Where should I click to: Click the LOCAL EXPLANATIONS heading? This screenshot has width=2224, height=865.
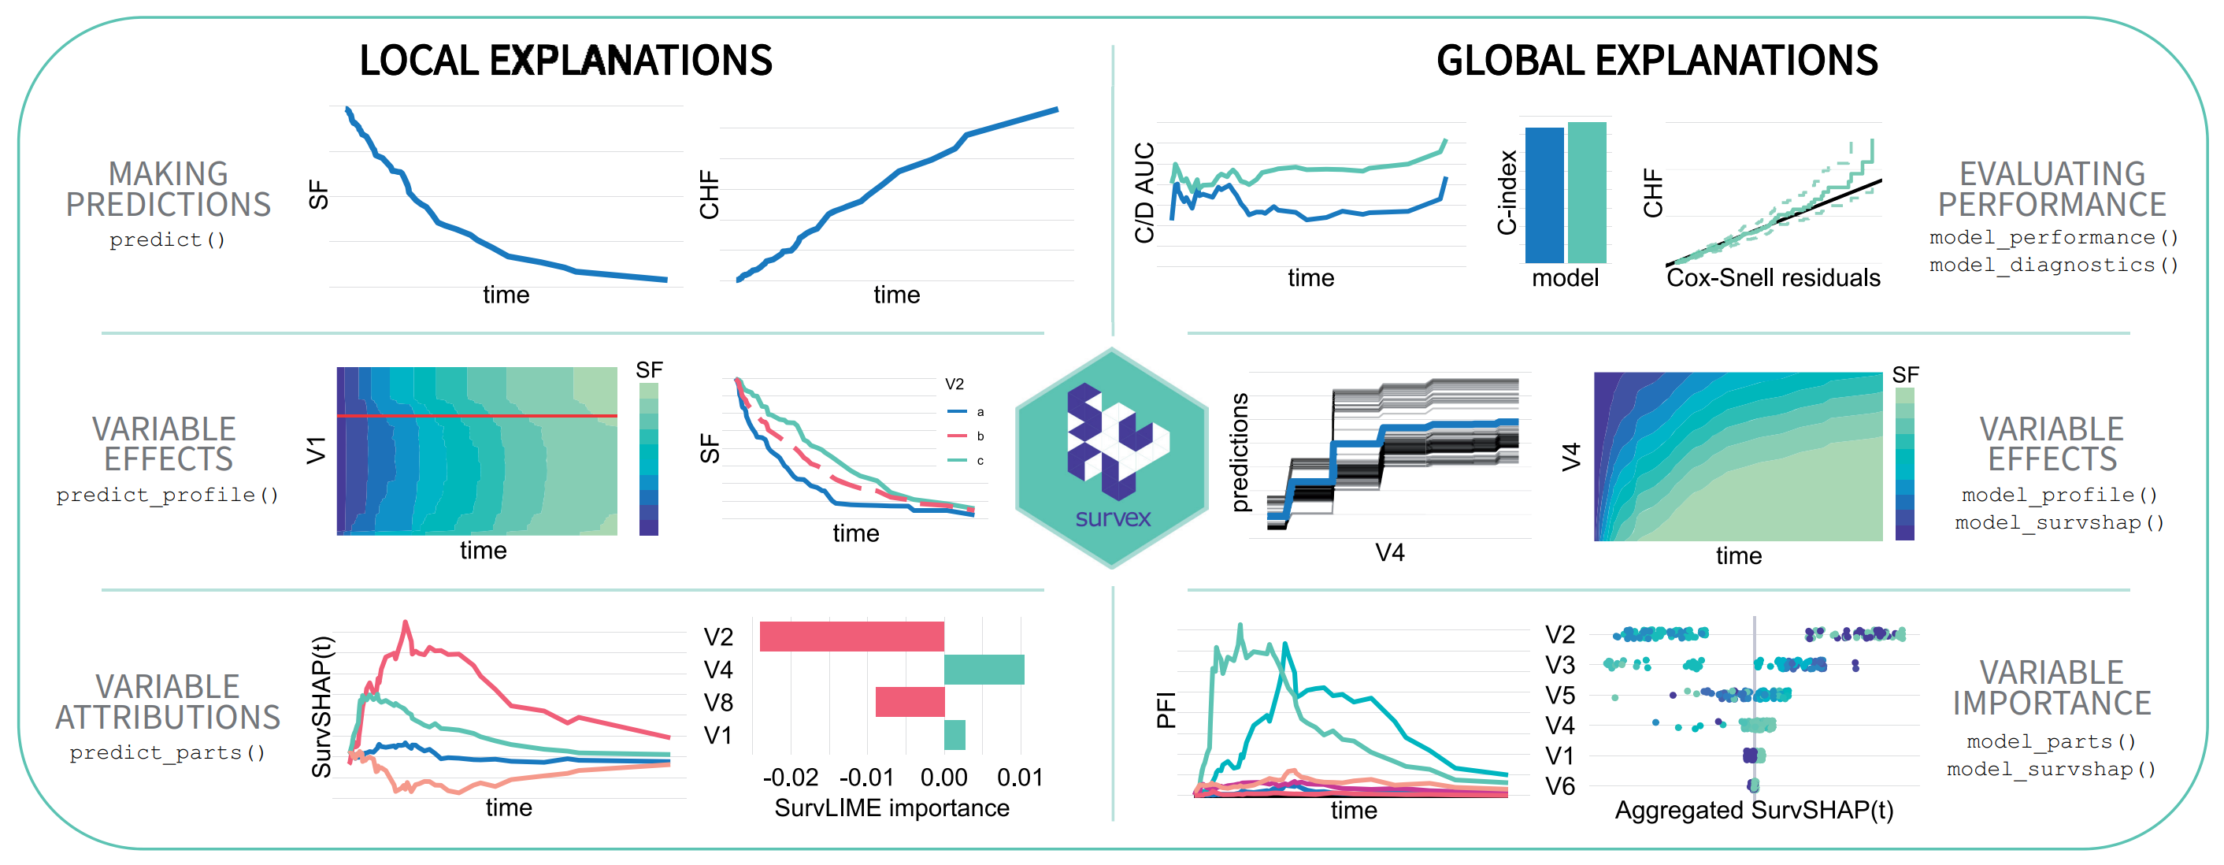pos(565,61)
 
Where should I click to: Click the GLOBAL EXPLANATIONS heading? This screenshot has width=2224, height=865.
pos(1657,61)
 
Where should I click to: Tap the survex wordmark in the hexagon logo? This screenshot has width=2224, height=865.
pos(1113,518)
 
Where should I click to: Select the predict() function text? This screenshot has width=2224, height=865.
pos(168,240)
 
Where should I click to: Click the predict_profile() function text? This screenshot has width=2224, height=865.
pos(168,495)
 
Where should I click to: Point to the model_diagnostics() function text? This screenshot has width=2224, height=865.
pos(2054,265)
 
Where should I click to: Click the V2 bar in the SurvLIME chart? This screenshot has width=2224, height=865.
pos(851,637)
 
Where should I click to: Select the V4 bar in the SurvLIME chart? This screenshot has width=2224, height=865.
pos(984,670)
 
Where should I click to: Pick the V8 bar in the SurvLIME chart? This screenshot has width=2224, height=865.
pos(910,702)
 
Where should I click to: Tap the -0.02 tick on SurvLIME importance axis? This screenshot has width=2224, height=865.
pos(790,778)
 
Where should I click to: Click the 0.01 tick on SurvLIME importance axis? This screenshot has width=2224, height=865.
pos(1020,778)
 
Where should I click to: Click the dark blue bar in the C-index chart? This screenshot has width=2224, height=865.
pos(1544,195)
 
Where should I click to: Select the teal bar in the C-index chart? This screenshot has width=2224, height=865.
pos(1587,192)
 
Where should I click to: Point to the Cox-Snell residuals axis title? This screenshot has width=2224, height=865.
pos(1773,278)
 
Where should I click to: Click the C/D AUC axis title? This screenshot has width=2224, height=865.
pos(1145,192)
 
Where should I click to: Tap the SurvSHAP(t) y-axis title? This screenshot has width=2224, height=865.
pos(321,706)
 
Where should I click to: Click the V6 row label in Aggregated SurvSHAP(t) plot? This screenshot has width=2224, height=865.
pos(1559,786)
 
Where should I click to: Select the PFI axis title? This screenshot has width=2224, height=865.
pos(1166,710)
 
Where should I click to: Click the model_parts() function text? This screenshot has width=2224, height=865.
pos(2051,741)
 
